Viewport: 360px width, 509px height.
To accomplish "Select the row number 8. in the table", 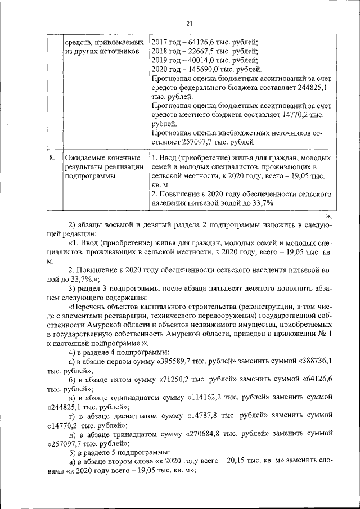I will pyautogui.click(x=52, y=159).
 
